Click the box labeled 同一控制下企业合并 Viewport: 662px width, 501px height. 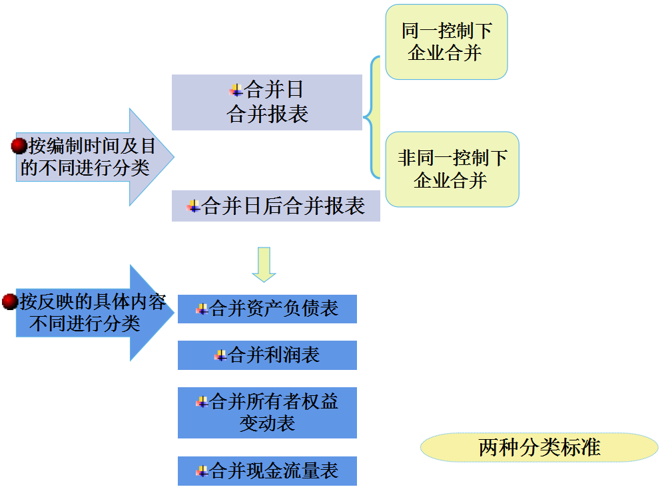pos(446,42)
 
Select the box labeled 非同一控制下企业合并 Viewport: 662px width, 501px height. pos(452,169)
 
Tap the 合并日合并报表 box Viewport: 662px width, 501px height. pos(266,102)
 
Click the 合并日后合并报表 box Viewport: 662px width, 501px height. pos(276,206)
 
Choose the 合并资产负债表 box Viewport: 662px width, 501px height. pos(267,309)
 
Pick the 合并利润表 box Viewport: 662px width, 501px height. pos(267,355)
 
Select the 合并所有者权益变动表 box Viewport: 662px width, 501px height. pos(267,413)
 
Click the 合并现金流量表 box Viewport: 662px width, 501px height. pos(267,471)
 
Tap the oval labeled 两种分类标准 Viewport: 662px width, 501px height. pos(539,447)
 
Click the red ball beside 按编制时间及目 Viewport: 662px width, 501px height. pos(19,146)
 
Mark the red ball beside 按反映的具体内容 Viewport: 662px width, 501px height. pos(9,302)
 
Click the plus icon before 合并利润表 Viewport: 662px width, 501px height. pos(220,355)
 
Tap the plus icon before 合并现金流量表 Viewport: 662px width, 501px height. pos(202,471)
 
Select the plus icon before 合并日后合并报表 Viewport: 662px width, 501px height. pos(194,206)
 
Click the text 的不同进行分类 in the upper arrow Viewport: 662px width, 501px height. pos(85,167)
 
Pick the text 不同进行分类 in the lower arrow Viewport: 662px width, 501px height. pos(85,323)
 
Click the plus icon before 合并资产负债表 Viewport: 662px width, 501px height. pos(202,309)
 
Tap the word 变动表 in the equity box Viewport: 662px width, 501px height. pos(267,423)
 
